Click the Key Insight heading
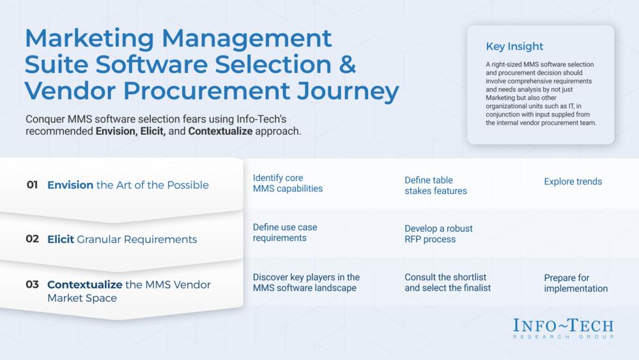(x=514, y=47)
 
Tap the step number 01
(x=32, y=185)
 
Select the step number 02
(x=32, y=239)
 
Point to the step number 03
(x=32, y=284)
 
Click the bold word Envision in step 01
(x=70, y=185)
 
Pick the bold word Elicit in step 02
(x=61, y=239)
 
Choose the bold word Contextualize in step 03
(x=85, y=284)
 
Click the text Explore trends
(x=573, y=182)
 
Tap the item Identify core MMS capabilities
(x=288, y=183)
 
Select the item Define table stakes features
(x=436, y=185)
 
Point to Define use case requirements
(x=285, y=232)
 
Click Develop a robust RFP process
(x=438, y=233)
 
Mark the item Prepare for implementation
(x=576, y=283)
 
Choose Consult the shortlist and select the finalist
(x=447, y=282)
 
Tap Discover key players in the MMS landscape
(x=306, y=282)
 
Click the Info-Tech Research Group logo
(x=563, y=328)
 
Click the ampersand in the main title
(x=347, y=65)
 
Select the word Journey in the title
(x=348, y=91)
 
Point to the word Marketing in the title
(x=89, y=39)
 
